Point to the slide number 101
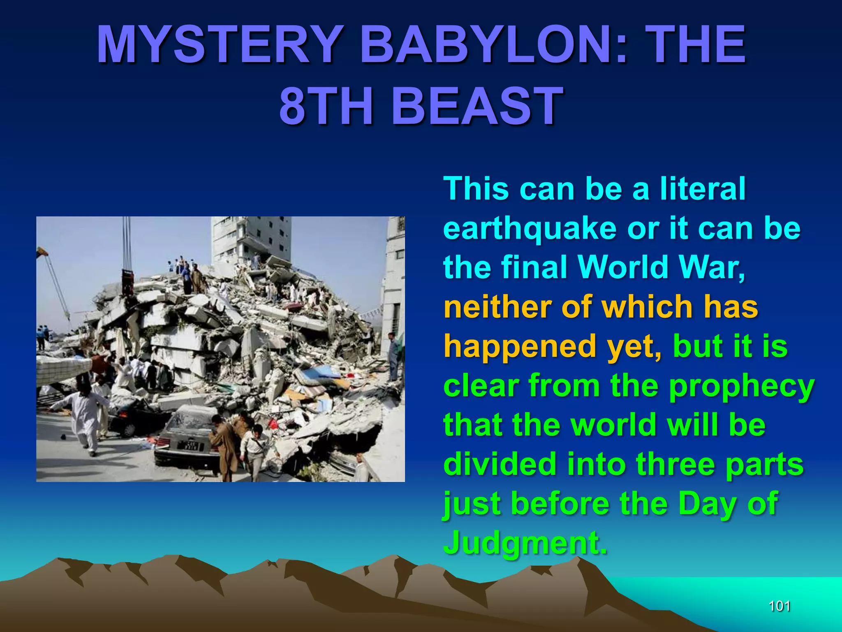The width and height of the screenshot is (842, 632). click(x=780, y=606)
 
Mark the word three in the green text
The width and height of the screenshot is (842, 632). click(x=676, y=464)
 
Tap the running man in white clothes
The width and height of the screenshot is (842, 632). click(x=84, y=416)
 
